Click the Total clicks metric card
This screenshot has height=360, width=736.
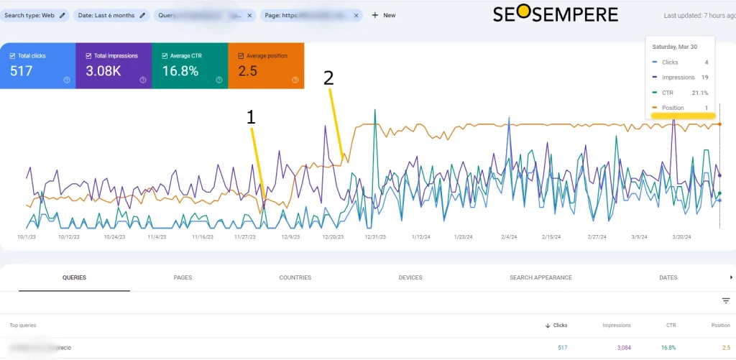coord(37,65)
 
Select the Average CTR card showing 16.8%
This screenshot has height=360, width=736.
coord(190,65)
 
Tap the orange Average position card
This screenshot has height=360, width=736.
coord(266,65)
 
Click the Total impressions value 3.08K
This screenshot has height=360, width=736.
coord(103,71)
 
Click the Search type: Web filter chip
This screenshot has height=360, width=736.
coord(35,15)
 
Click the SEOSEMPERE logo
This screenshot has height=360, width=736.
coord(555,14)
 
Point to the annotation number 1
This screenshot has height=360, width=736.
coord(251,118)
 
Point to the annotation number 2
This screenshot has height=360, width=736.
coord(328,78)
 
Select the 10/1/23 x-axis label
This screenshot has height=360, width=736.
coord(27,236)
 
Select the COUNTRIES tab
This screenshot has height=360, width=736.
coord(295,277)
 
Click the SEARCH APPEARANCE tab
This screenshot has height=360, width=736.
coord(540,277)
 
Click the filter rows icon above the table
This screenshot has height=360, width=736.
coord(725,301)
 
